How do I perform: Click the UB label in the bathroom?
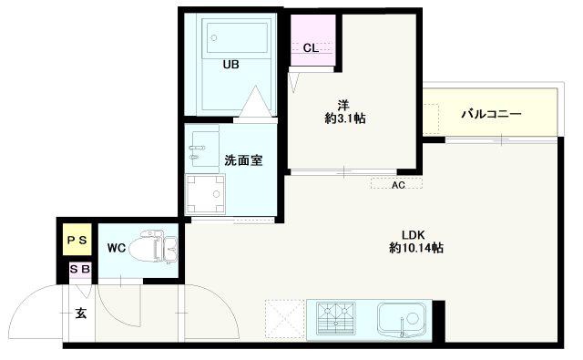pyautogui.click(x=230, y=65)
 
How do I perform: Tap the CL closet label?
pyautogui.click(x=311, y=48)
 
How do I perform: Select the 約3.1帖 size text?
pyautogui.click(x=345, y=118)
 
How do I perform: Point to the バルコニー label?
pyautogui.click(x=491, y=114)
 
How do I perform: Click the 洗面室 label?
pyautogui.click(x=243, y=160)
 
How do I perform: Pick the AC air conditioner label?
pyautogui.click(x=398, y=185)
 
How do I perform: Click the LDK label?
pyautogui.click(x=413, y=235)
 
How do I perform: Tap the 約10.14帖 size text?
pyautogui.click(x=416, y=248)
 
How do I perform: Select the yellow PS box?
pyautogui.click(x=77, y=240)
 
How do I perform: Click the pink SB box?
pyautogui.click(x=80, y=269)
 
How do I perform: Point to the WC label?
pyautogui.click(x=117, y=248)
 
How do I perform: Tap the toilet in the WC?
pyautogui.click(x=152, y=247)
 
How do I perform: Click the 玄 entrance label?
pyautogui.click(x=81, y=314)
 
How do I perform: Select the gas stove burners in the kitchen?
pyautogui.click(x=336, y=318)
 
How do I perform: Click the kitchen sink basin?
pyautogui.click(x=402, y=319)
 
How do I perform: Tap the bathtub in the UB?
pyautogui.click(x=237, y=37)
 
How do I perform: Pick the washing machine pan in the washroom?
pyautogui.click(x=205, y=194)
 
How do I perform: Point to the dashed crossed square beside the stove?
pyautogui.click(x=285, y=320)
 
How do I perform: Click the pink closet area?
pyautogui.click(x=312, y=40)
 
